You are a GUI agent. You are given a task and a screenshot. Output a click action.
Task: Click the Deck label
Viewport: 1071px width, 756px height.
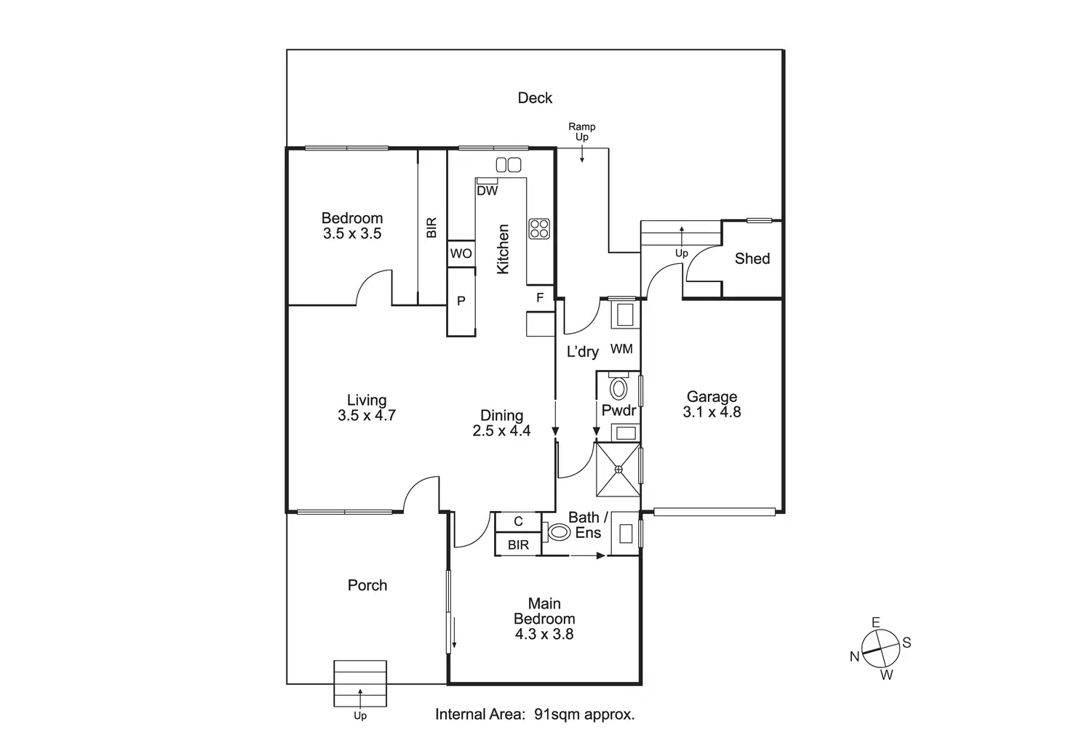(x=535, y=98)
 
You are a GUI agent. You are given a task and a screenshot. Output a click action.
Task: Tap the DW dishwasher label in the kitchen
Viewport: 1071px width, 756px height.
(x=487, y=191)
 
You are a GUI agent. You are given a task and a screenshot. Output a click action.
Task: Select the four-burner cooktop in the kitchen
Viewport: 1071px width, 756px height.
(x=539, y=229)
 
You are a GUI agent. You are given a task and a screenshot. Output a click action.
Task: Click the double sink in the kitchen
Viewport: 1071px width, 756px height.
(x=509, y=165)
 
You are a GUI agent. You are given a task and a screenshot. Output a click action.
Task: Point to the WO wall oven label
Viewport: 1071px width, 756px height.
(x=461, y=254)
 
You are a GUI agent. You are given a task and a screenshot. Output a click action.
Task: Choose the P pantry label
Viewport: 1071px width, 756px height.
(x=461, y=301)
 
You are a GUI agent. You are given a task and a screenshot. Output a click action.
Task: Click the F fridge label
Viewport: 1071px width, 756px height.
(x=540, y=297)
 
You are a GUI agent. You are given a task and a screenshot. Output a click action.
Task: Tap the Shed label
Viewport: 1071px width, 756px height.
(x=752, y=259)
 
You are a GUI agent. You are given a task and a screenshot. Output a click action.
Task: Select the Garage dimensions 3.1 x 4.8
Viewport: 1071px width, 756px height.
(x=712, y=412)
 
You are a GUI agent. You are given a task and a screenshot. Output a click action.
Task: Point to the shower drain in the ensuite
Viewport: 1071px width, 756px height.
(x=618, y=470)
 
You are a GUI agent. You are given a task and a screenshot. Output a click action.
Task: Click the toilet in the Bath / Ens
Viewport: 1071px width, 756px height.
(x=559, y=532)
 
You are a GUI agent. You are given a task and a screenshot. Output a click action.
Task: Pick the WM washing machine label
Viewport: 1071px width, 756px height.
(x=621, y=349)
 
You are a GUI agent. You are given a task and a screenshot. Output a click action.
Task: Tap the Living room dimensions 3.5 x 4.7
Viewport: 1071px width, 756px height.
(x=367, y=416)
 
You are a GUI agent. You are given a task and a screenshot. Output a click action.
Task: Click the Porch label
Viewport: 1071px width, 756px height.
(x=367, y=585)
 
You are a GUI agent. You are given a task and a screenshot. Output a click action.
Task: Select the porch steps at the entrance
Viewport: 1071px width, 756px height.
(x=360, y=683)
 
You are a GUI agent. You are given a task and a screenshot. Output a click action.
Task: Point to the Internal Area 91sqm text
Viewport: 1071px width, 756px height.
(x=535, y=714)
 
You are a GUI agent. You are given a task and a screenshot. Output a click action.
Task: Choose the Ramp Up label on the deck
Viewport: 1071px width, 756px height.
(x=582, y=132)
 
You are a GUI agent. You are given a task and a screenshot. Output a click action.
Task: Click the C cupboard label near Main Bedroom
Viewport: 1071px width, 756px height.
(x=518, y=522)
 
